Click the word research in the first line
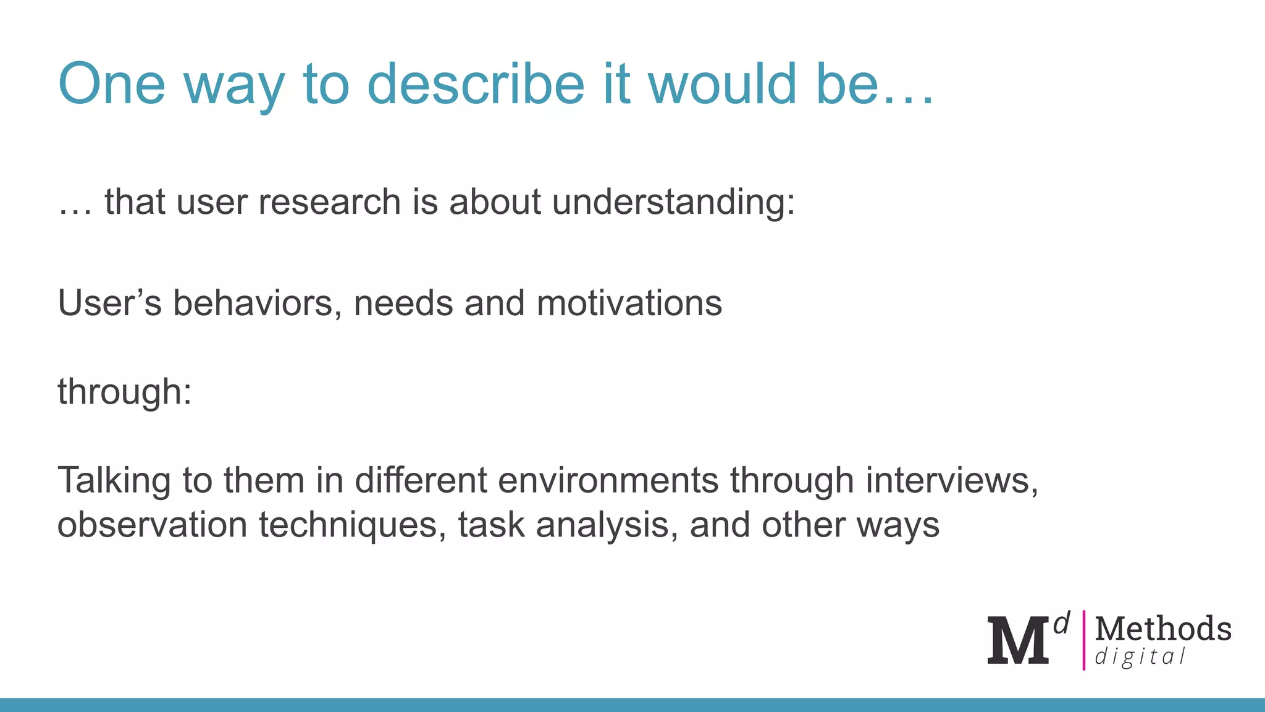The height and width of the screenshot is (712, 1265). click(x=329, y=202)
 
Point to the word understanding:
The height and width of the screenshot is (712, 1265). click(x=673, y=202)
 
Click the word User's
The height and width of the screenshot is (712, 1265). click(x=109, y=303)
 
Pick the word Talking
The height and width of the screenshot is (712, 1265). click(x=114, y=480)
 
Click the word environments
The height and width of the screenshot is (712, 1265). click(x=608, y=480)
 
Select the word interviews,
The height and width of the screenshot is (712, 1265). click(x=952, y=480)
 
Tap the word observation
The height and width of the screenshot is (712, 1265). click(x=152, y=525)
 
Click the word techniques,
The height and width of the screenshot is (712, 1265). click(x=352, y=525)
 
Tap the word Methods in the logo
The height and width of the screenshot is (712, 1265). click(x=1163, y=629)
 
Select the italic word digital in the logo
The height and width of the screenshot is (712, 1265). click(x=1140, y=656)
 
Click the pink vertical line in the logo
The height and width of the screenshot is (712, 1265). click(x=1083, y=640)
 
